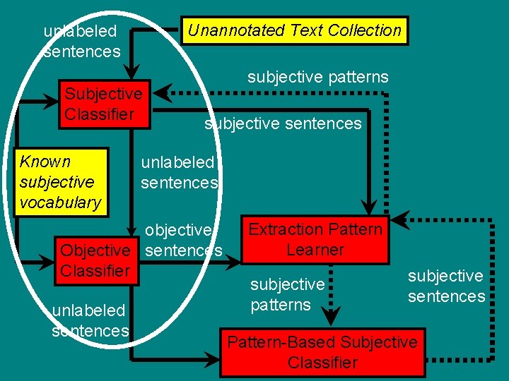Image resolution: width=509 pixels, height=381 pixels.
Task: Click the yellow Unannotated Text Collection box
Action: (x=295, y=30)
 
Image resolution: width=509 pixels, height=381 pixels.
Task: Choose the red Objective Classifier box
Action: (x=95, y=260)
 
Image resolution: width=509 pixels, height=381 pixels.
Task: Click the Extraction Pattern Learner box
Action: (x=315, y=239)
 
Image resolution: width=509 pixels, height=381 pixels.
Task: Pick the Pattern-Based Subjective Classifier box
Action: (x=322, y=352)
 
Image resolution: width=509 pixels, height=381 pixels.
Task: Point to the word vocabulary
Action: (x=61, y=202)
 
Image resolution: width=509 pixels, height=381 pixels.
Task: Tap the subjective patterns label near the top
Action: (x=317, y=77)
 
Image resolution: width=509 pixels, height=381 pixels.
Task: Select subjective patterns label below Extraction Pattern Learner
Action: (x=287, y=295)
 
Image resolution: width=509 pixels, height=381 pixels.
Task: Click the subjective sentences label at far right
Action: (x=446, y=286)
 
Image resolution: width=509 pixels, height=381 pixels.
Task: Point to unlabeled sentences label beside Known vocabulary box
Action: (x=179, y=173)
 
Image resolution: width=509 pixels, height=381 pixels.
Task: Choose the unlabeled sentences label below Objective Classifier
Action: (x=90, y=320)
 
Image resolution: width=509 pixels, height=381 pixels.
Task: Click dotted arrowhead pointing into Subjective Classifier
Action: (x=163, y=92)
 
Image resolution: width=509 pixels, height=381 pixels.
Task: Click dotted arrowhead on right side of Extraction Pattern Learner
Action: (x=399, y=219)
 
